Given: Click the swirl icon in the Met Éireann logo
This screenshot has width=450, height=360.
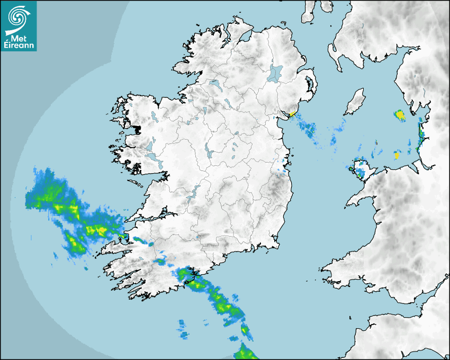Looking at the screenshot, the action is point(18,16).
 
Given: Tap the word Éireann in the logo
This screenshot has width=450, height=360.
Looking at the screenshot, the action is point(19,46).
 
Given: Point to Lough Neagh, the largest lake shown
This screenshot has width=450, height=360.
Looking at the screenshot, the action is point(276,73).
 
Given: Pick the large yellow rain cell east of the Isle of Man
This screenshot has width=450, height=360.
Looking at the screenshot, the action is point(400,114).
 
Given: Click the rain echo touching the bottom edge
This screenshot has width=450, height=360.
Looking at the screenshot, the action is point(246,352).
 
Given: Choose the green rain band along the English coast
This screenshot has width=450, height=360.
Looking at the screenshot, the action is point(421,135).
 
